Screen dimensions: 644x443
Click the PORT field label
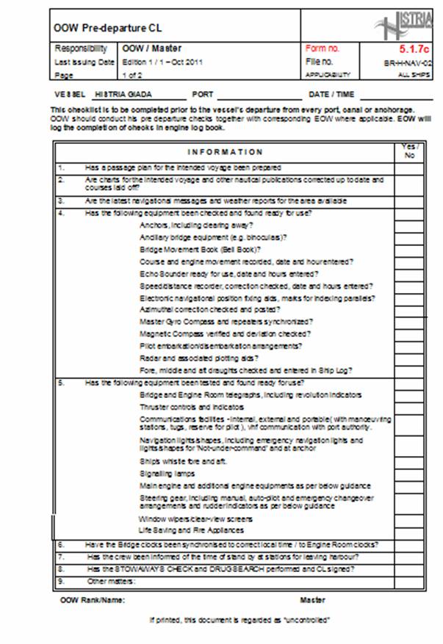[x=203, y=95]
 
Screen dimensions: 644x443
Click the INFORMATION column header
[x=225, y=152]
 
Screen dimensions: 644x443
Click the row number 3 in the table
[x=62, y=200]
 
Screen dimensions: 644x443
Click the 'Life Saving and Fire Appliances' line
[x=192, y=529]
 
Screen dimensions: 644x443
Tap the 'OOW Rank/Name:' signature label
[x=93, y=600]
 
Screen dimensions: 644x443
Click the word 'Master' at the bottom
[x=312, y=600]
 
